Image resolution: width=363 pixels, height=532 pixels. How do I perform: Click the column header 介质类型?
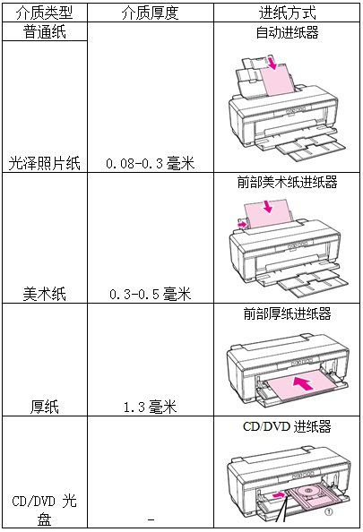(45, 13)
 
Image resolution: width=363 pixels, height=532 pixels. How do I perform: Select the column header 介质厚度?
(150, 13)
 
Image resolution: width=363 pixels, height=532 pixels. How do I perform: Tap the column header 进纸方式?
(288, 13)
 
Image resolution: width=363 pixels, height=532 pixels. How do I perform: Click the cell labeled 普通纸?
(45, 32)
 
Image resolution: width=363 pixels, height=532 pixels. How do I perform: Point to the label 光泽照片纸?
(45, 163)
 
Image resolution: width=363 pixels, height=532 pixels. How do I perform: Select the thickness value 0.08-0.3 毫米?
(150, 164)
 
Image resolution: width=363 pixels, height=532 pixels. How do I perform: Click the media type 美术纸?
(45, 294)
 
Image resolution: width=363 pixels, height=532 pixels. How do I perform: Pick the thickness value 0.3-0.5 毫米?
(150, 294)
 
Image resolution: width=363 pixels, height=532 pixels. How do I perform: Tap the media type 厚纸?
(45, 407)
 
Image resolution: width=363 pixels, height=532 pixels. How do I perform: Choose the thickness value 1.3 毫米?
(150, 407)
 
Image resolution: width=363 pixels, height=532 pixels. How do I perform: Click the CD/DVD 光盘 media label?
(45, 511)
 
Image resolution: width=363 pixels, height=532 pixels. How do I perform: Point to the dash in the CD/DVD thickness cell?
(151, 519)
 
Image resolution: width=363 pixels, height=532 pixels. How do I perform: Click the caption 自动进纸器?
(288, 32)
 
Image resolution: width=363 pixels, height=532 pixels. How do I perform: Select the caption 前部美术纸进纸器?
(288, 182)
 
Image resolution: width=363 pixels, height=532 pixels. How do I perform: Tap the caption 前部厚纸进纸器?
(288, 313)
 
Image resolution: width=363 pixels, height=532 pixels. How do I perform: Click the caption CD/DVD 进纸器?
(287, 426)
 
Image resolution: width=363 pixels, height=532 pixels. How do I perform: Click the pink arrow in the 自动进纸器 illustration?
(272, 63)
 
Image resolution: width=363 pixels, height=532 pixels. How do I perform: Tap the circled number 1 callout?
(328, 512)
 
